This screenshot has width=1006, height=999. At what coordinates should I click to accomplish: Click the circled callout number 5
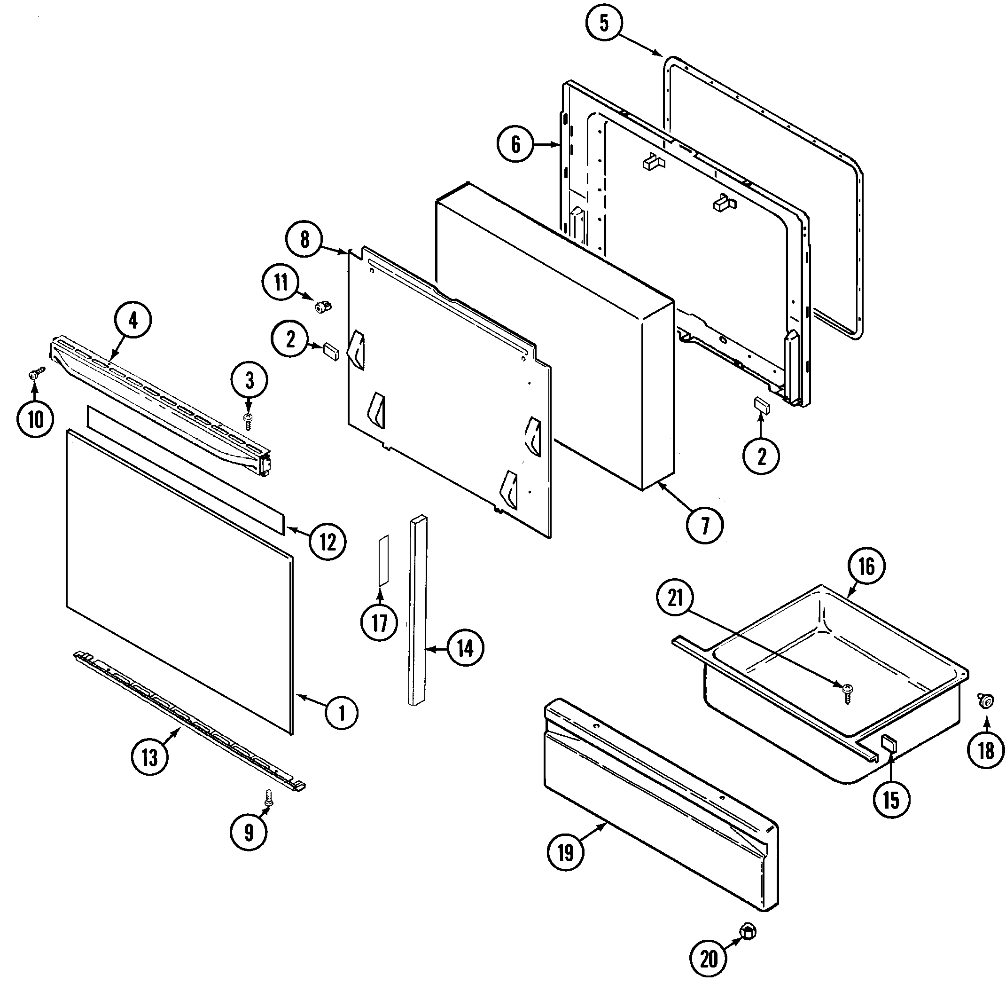pyautogui.click(x=603, y=23)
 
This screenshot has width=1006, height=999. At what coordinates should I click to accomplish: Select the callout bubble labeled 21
pyautogui.click(x=675, y=598)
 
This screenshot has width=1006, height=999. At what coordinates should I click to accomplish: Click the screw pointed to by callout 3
pyautogui.click(x=249, y=420)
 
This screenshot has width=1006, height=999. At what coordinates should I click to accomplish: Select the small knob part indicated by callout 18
pyautogui.click(x=986, y=701)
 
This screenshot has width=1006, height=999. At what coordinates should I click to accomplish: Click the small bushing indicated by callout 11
pyautogui.click(x=323, y=307)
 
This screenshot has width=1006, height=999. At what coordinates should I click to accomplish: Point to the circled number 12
pyautogui.click(x=328, y=542)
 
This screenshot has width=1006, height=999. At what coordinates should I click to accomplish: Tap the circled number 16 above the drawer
pyautogui.click(x=866, y=566)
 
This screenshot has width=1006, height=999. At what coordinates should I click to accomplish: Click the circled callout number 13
pyautogui.click(x=150, y=757)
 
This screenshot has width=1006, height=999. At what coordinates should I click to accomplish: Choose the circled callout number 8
pyautogui.click(x=304, y=239)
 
